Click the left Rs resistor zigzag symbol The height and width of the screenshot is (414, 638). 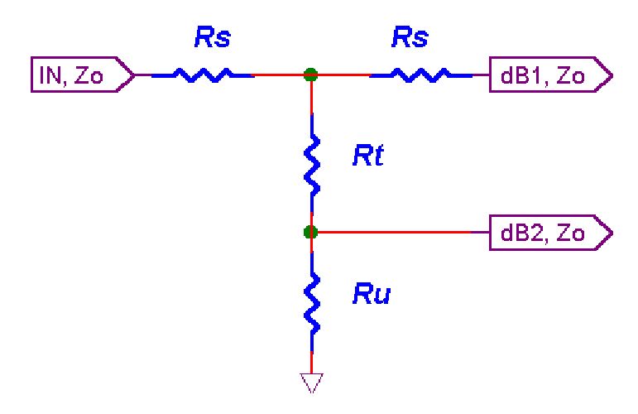(x=202, y=75)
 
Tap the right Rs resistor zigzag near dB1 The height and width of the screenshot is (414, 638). (x=420, y=75)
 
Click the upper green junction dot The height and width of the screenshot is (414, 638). (x=311, y=75)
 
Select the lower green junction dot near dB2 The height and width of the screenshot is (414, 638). (x=311, y=233)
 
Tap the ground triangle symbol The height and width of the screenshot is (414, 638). (x=311, y=382)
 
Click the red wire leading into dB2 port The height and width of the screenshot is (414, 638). (x=397, y=233)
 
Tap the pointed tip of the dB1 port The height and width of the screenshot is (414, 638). (x=611, y=75)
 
